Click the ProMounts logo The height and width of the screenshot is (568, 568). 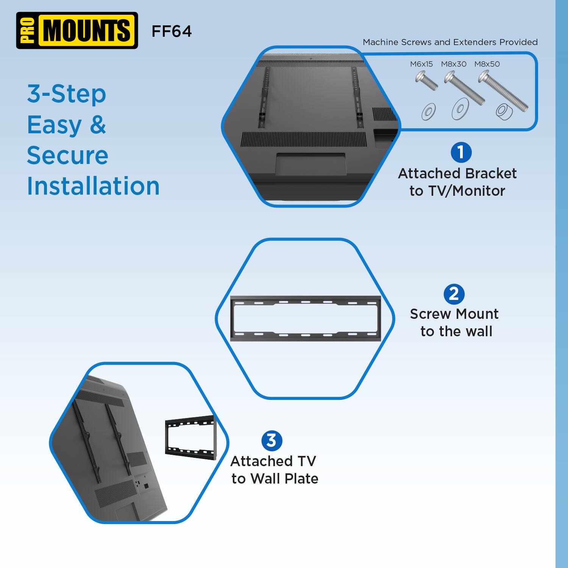click(77, 31)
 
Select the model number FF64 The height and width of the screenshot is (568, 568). click(172, 31)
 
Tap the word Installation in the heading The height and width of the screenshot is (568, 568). click(93, 186)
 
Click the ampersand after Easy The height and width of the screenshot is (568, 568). click(98, 125)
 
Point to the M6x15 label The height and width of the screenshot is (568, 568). click(421, 64)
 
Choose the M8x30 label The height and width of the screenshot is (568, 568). click(453, 64)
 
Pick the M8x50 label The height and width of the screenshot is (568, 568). click(487, 64)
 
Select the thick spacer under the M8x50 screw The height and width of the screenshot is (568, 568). click(504, 112)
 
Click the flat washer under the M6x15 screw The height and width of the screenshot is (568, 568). click(429, 112)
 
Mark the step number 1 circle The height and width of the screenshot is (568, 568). click(461, 153)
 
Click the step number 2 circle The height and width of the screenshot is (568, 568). click(454, 294)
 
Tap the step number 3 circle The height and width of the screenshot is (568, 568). click(272, 441)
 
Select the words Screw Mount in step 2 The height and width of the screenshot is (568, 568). click(454, 314)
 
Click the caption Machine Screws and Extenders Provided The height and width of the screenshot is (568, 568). click(450, 42)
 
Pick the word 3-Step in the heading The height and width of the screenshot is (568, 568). click(67, 94)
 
